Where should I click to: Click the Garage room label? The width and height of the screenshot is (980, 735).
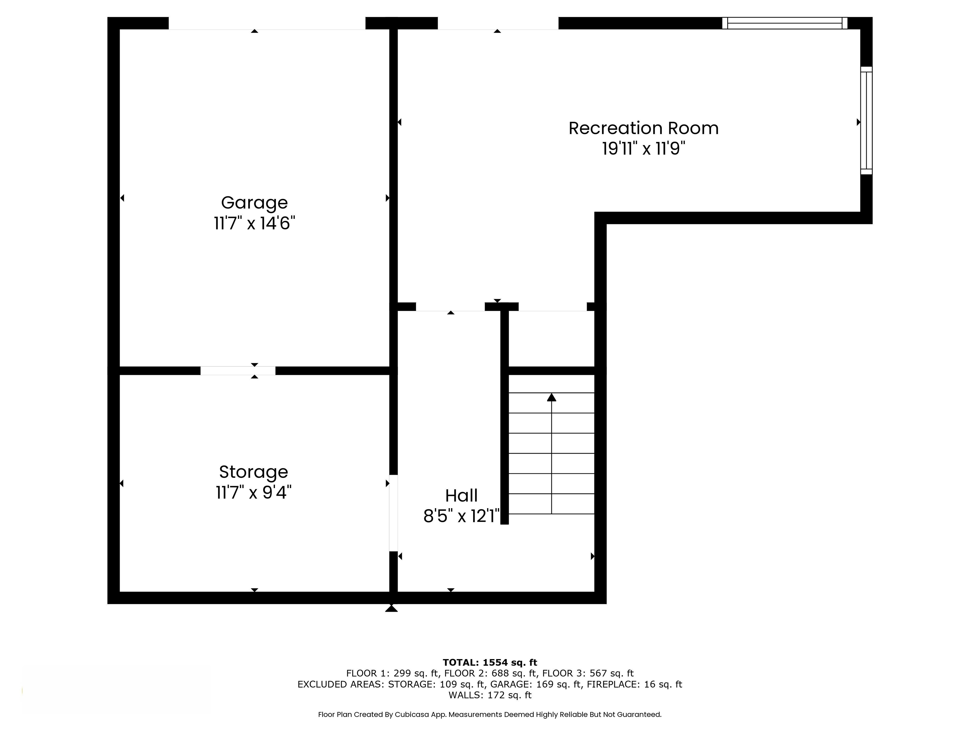[x=254, y=203]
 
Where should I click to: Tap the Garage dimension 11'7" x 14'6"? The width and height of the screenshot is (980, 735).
[x=254, y=223]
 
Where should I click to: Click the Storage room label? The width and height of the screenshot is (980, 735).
[x=253, y=472]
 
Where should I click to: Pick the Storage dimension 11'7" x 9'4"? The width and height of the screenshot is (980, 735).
[x=253, y=492]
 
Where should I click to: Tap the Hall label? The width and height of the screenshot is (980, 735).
[x=461, y=495]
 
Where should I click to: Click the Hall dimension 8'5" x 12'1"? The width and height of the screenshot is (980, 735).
[x=461, y=516]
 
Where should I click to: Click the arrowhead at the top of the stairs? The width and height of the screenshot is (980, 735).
[x=551, y=397]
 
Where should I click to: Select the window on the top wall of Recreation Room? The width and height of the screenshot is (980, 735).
[x=785, y=23]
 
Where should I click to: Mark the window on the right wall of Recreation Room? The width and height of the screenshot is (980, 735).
[x=866, y=121]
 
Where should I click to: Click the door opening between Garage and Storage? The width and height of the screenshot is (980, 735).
[x=238, y=371]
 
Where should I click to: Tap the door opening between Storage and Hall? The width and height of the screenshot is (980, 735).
[x=393, y=513]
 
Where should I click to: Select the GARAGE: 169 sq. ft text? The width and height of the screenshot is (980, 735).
[x=536, y=685]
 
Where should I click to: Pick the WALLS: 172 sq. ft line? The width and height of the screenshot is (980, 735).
[x=490, y=695]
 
